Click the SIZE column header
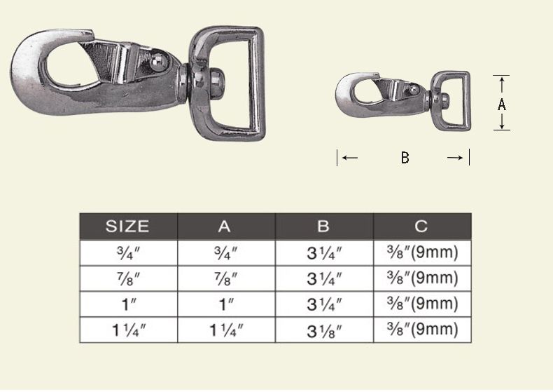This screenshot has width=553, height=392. coord(127,226)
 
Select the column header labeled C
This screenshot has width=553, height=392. coord(421,226)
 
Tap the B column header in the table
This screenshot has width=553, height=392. coord(323,226)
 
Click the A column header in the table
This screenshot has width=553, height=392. coord(224,226)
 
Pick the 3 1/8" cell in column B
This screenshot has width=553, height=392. coord(324,331)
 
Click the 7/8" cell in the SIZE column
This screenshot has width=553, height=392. coord(128,279)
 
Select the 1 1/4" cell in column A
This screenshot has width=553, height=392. coord(226,330)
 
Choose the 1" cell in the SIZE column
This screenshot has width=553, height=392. coord(129,304)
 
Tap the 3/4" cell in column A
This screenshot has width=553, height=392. coord(225,253)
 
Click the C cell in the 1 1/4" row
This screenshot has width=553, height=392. coord(422,329)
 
